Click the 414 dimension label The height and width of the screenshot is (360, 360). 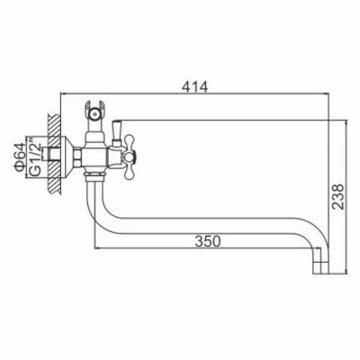[x=194, y=87]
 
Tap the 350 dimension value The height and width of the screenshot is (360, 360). [x=208, y=241]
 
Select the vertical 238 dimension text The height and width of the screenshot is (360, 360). [x=338, y=196]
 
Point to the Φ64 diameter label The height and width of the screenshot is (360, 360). [x=20, y=157]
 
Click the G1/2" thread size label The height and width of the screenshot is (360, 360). [x=35, y=157]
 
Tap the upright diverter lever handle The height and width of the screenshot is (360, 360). [x=116, y=131]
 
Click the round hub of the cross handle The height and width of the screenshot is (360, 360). [x=130, y=157]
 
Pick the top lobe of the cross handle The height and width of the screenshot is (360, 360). [x=130, y=142]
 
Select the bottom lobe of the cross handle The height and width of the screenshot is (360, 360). [x=130, y=172]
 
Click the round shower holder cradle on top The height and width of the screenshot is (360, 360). [x=95, y=112]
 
